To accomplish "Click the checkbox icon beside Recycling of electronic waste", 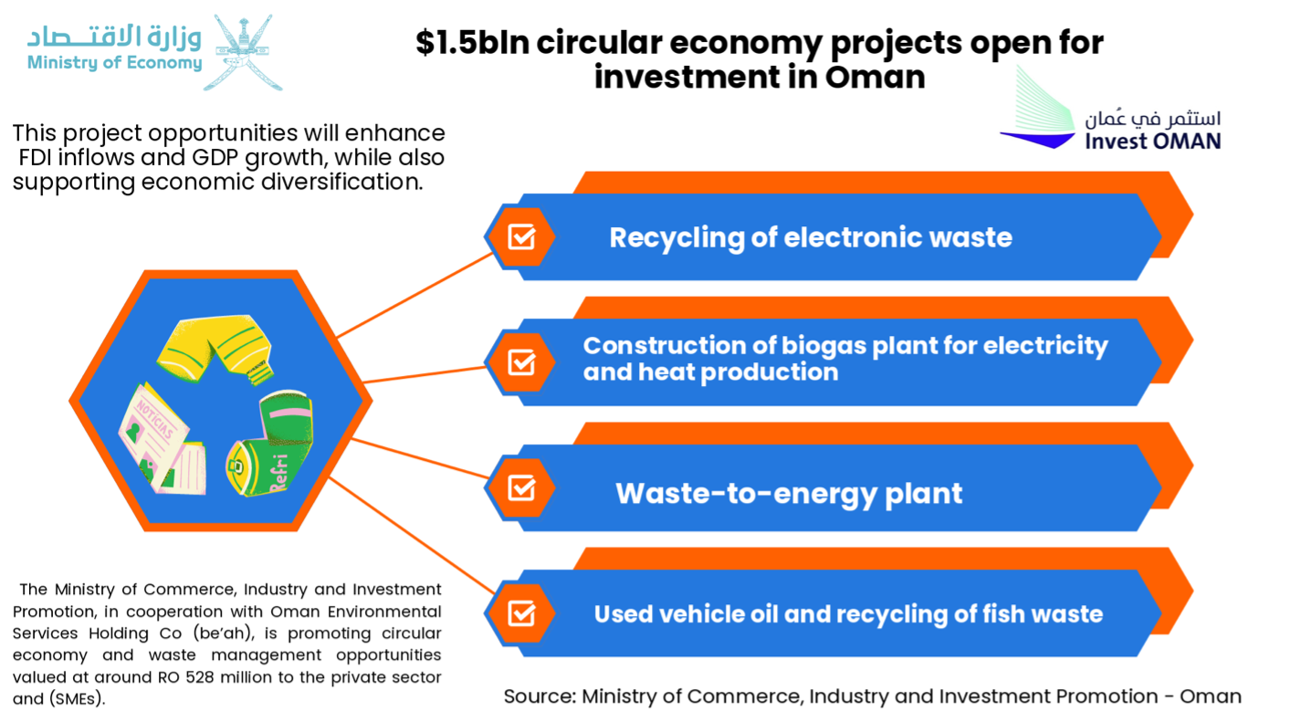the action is coord(521,236).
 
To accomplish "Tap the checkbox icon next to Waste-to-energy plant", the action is coord(521,488).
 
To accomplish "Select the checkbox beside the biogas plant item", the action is coord(521,362).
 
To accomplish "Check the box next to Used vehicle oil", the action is coord(521,613).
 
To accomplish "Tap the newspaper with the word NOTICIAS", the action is coord(162,439).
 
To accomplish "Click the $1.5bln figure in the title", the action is coord(472,43).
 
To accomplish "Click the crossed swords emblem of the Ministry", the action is coord(243,52).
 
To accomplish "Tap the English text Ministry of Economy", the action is coord(115,63).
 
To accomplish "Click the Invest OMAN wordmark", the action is coord(1152,141).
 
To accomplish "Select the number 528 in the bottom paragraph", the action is coord(199,677).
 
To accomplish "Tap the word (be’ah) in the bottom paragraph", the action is coord(223,633).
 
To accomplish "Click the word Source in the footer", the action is coord(540,696).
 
